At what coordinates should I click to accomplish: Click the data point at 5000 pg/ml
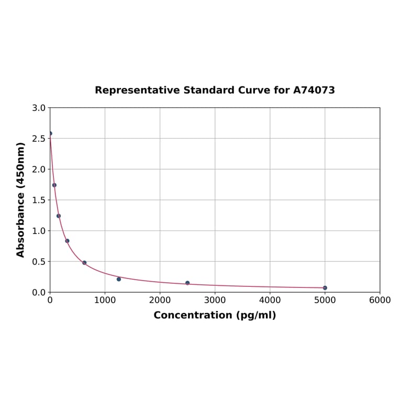pos(325,288)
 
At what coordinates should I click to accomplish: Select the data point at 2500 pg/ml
pos(187,283)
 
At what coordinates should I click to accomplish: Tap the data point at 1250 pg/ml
pos(119,279)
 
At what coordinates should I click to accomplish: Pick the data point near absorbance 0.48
pos(84,263)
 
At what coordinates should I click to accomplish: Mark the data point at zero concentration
pos(50,134)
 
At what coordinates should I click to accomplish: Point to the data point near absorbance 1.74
pos(54,185)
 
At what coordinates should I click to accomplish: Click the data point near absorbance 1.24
pos(59,216)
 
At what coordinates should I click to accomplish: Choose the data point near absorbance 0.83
pos(67,241)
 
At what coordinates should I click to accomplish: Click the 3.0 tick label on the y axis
pos(38,108)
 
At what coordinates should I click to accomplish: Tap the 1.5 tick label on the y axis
pos(38,200)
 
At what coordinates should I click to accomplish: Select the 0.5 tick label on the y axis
pos(38,261)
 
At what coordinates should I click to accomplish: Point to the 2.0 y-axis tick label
pos(38,169)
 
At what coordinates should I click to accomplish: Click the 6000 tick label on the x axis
pos(380,300)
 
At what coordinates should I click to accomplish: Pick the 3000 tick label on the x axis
pos(215,300)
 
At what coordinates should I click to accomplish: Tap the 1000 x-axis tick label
pos(105,300)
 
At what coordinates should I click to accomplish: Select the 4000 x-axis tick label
pos(270,300)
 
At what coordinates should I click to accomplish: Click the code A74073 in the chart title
pos(314,90)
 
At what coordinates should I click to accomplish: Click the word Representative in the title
pos(137,90)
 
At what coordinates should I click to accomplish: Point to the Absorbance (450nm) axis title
pos(21,199)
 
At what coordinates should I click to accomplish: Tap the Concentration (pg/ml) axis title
pos(215,315)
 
